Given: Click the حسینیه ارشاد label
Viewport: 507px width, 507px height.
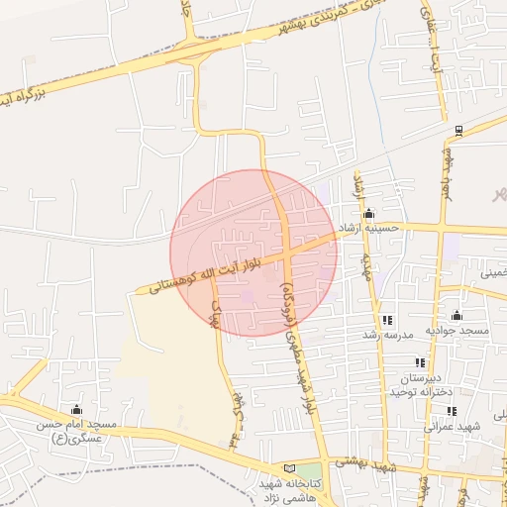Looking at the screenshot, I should tap(368, 228).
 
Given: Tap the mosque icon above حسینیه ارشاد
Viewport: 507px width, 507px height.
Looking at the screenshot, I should tap(368, 213).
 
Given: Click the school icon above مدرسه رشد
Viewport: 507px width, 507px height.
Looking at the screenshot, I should tap(387, 320).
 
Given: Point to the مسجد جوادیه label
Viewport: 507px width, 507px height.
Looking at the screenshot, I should tap(456, 330).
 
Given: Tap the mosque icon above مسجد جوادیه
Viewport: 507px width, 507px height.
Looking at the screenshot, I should tap(456, 316).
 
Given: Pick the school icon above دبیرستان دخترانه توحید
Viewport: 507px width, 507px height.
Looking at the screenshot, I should tap(420, 362).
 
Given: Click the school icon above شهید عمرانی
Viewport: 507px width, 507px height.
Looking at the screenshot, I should tap(452, 411).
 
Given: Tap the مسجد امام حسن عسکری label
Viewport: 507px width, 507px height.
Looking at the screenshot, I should tap(76, 431).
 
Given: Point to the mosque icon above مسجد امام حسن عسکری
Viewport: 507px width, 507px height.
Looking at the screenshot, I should tap(76, 409).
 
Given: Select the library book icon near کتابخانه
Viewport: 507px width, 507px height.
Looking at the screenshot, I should tap(289, 467).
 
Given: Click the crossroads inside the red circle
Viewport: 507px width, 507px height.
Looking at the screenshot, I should tap(286, 255).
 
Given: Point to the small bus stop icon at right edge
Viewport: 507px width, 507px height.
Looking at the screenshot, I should tap(457, 130).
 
